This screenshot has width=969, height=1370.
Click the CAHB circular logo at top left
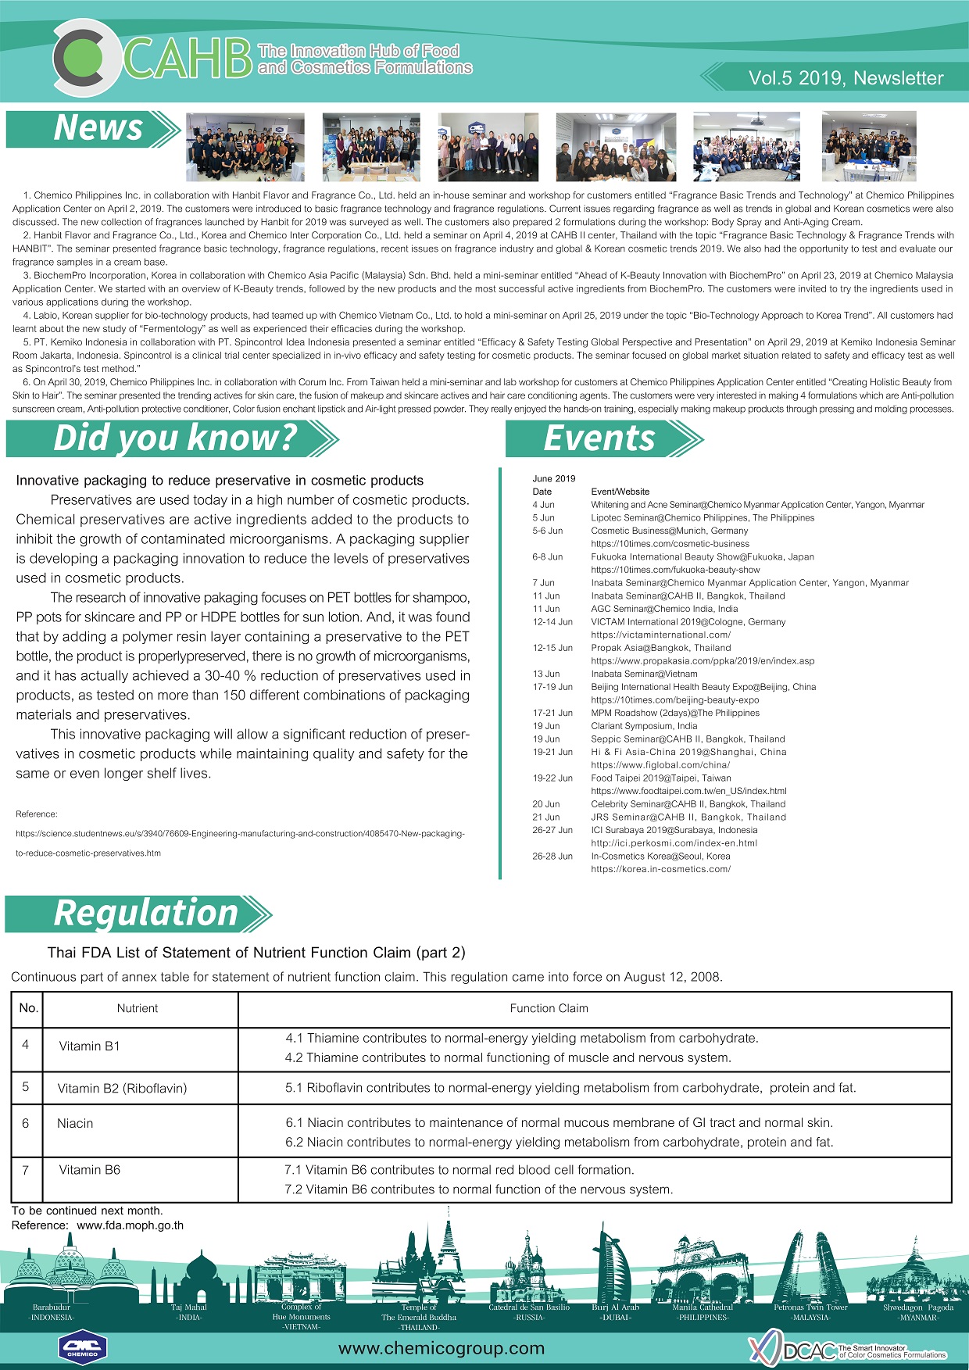pos(87,57)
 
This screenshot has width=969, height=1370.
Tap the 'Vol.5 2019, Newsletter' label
pos(846,78)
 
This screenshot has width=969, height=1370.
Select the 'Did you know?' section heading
pos(175,438)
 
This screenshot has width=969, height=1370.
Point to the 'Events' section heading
pos(599,438)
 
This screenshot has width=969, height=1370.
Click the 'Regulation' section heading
pos(145,914)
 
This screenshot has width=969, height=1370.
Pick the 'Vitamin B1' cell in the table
pos(90,1046)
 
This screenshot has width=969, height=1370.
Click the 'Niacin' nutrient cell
pos(75,1124)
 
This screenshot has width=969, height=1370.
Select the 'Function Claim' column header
pos(549,1009)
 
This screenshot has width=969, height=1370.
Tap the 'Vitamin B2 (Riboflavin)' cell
pos(122,1089)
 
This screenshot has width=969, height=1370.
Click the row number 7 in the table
pos(26,1171)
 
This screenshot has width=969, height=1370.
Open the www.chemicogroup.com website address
pos(442,1348)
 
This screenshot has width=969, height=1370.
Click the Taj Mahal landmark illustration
pos(189,1277)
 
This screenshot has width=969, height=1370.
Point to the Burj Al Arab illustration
pos(615,1270)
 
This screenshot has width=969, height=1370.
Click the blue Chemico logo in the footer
pos(82,1347)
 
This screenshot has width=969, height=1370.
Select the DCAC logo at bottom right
pos(848,1350)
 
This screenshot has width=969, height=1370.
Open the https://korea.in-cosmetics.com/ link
pos(660,869)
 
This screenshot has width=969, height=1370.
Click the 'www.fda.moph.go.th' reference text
pos(131,1225)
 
